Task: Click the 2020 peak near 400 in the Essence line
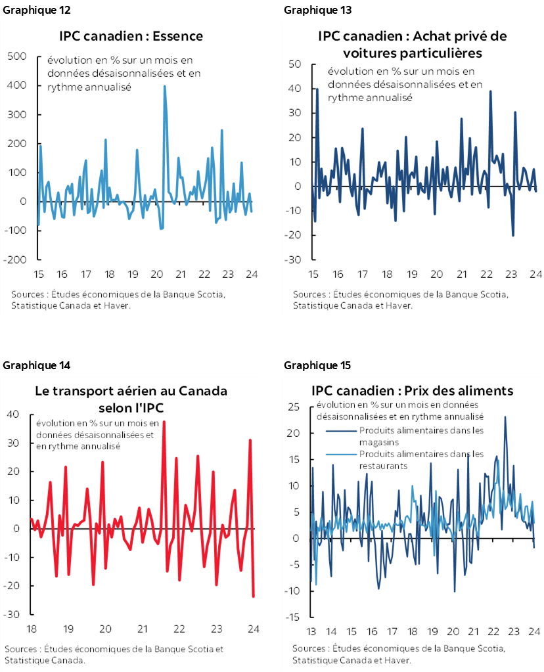coord(164,86)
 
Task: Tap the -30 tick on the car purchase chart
coord(292,259)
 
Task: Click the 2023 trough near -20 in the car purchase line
coord(512,235)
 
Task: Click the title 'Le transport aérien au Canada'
coord(131,391)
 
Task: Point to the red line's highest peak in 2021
coord(164,422)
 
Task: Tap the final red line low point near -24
coord(254,596)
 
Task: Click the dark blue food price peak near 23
coord(505,416)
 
